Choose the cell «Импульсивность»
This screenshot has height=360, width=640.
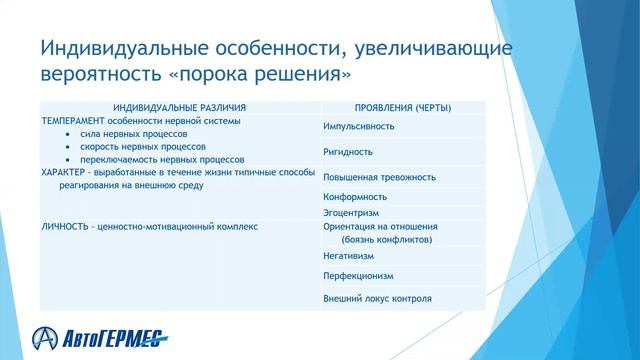358,127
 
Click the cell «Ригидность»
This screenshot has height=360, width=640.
347,152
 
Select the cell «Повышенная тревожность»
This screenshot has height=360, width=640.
379,177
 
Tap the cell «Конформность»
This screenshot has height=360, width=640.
354,197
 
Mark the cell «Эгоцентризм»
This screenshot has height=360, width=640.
351,213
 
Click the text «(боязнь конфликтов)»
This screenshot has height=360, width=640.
386,240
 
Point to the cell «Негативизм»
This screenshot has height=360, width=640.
349,257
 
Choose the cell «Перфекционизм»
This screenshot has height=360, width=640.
358,276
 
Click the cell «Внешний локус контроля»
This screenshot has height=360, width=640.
377,298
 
